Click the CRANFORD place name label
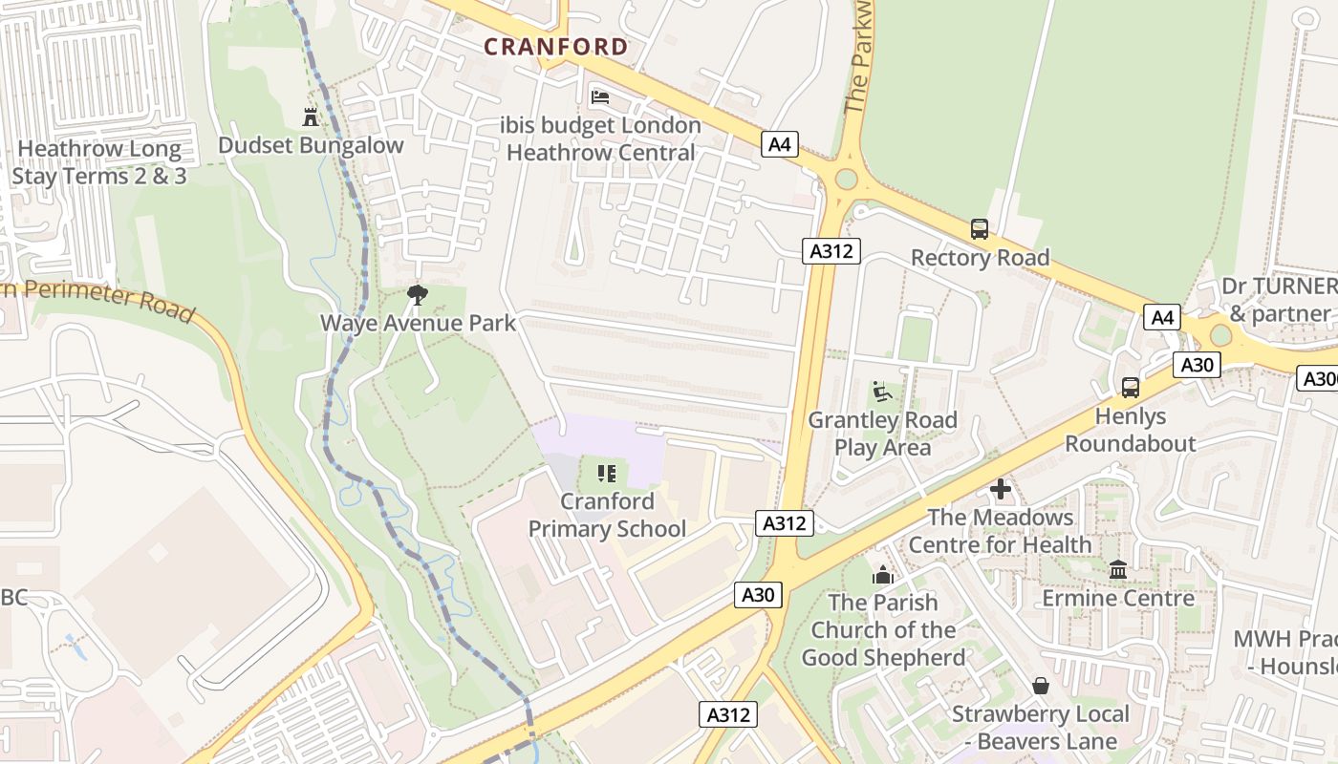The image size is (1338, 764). point(555,46)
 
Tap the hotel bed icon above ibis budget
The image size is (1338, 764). point(600,97)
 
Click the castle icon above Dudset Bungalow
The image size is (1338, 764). point(311,117)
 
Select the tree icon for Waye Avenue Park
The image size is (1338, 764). point(417,293)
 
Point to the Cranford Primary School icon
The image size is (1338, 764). point(606,473)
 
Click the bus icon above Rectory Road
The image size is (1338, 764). point(980,229)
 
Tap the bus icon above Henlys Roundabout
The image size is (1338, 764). point(1131,388)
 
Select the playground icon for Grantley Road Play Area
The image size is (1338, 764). point(881,392)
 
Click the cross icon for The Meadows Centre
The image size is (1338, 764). point(1001,490)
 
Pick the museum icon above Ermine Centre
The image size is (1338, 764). point(1118,570)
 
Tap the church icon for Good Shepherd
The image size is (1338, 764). point(882,575)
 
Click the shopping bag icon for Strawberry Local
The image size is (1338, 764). point(1041,686)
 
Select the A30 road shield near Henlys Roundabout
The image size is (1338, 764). point(1197,364)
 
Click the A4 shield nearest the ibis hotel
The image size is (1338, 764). point(780,144)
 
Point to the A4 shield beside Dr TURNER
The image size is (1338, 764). point(1162,317)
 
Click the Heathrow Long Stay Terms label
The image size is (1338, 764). point(99,162)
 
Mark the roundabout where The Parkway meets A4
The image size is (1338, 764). point(846,179)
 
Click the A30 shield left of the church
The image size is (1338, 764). point(759,594)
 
